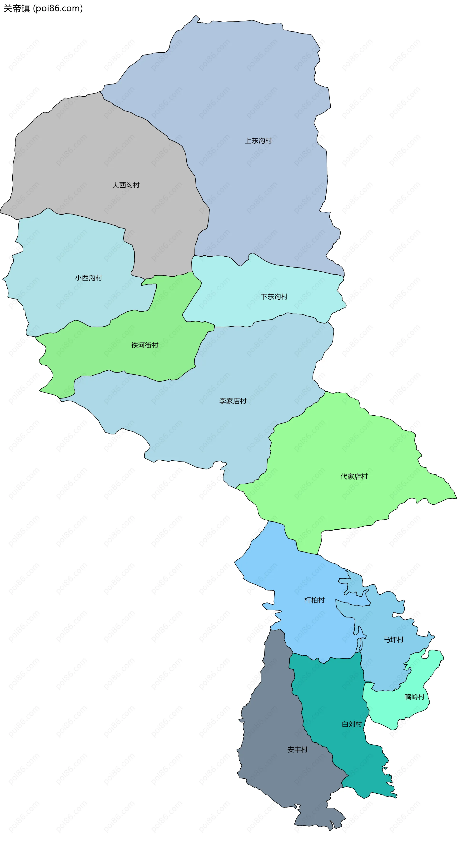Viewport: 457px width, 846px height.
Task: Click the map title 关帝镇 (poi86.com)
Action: [43, 8]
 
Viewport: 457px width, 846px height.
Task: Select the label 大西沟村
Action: [126, 185]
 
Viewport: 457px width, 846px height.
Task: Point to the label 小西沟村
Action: [89, 278]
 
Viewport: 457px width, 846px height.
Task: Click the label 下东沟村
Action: [274, 297]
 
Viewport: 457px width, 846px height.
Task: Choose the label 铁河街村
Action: [145, 345]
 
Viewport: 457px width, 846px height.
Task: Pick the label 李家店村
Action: [233, 401]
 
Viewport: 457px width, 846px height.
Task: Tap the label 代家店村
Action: [354, 477]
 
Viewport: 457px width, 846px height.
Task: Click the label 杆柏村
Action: [314, 600]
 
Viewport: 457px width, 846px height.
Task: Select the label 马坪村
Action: [393, 639]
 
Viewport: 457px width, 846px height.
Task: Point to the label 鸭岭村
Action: [414, 697]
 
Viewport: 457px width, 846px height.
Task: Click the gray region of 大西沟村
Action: [82, 158]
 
